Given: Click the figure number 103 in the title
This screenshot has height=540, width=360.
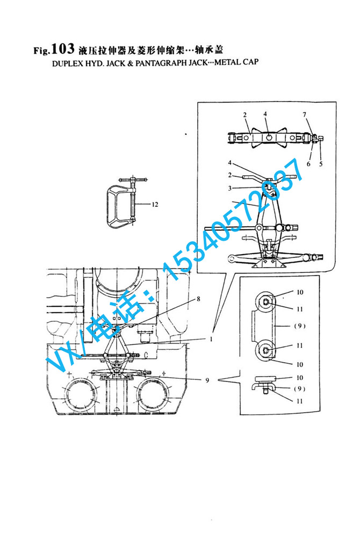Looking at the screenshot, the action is click(63, 48).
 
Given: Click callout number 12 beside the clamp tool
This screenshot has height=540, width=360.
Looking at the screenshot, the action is click(155, 204).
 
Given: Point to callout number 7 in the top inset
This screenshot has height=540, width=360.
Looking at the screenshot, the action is click(305, 114).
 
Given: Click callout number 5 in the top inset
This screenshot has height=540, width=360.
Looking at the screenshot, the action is click(321, 163).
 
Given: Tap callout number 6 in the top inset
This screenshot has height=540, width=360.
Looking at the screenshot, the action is click(308, 163).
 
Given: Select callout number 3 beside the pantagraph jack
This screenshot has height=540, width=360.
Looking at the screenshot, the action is click(230, 188).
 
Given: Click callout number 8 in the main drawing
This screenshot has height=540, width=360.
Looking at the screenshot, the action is click(198, 299).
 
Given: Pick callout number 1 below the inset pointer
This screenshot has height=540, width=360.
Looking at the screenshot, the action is click(211, 339).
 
